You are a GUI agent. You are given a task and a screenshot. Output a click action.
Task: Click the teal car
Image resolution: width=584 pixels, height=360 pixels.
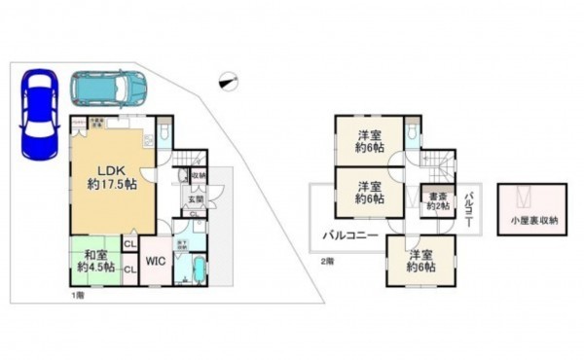pyautogui.click(x=107, y=90)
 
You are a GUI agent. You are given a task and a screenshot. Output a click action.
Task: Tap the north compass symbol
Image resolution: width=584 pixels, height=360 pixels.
pyautogui.click(x=229, y=84)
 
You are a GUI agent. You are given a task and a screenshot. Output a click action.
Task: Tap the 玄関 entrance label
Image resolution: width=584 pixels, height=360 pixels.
pyautogui.click(x=195, y=200)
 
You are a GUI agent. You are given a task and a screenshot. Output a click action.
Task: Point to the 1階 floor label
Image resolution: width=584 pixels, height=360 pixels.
pyautogui.click(x=75, y=293)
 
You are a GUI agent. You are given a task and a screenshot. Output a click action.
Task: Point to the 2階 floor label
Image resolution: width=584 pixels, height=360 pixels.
pyautogui.click(x=328, y=261)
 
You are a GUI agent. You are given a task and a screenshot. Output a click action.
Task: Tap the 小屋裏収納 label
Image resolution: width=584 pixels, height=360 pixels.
pyautogui.click(x=532, y=221)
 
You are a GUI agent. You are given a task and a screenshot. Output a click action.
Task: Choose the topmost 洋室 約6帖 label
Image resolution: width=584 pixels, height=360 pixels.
pyautogui.click(x=368, y=141)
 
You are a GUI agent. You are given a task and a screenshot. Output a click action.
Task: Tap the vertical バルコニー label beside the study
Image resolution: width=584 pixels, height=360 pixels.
pyautogui.click(x=468, y=206)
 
